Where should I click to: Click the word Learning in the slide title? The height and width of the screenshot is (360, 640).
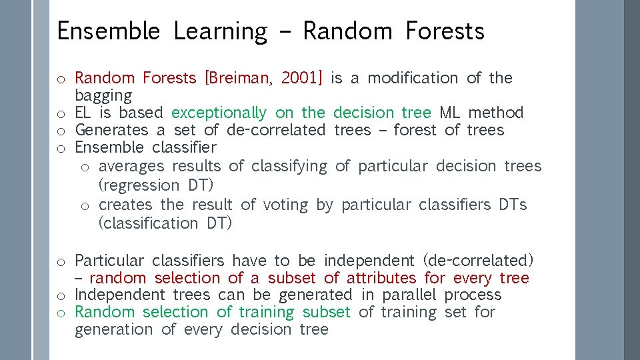[220, 31]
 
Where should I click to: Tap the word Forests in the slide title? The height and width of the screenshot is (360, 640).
[445, 31]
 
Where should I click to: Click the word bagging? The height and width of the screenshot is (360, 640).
[103, 95]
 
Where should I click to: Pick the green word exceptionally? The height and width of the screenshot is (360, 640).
[219, 113]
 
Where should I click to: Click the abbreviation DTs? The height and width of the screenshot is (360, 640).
[513, 205]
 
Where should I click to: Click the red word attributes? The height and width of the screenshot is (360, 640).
[381, 278]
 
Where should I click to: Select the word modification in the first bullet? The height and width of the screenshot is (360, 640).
[413, 78]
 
